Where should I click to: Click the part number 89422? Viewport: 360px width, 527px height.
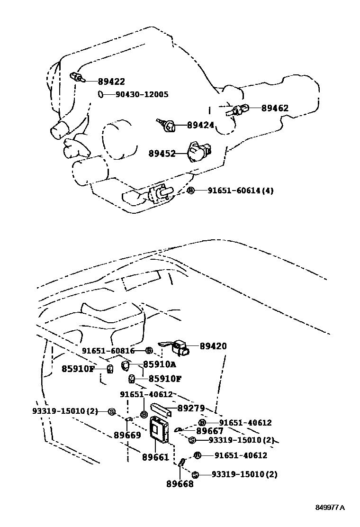(111, 82)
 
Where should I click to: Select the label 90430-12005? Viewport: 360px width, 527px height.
(142, 94)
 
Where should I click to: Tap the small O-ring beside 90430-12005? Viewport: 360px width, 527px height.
(101, 94)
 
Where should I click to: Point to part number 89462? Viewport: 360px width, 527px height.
(275, 108)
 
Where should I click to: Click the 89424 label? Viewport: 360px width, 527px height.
(200, 125)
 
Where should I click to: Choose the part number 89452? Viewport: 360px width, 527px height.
(162, 154)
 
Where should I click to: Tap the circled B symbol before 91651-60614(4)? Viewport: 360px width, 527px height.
(191, 191)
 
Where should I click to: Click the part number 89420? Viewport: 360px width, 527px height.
(213, 346)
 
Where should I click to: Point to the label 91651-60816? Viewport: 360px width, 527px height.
(108, 351)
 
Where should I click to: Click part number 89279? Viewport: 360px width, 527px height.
(191, 409)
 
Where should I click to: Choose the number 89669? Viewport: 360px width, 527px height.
(127, 435)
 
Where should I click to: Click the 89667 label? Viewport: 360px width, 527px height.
(209, 431)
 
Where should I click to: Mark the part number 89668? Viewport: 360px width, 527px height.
(180, 484)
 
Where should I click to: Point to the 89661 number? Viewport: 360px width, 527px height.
(155, 457)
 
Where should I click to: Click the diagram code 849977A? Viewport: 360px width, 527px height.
(330, 508)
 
